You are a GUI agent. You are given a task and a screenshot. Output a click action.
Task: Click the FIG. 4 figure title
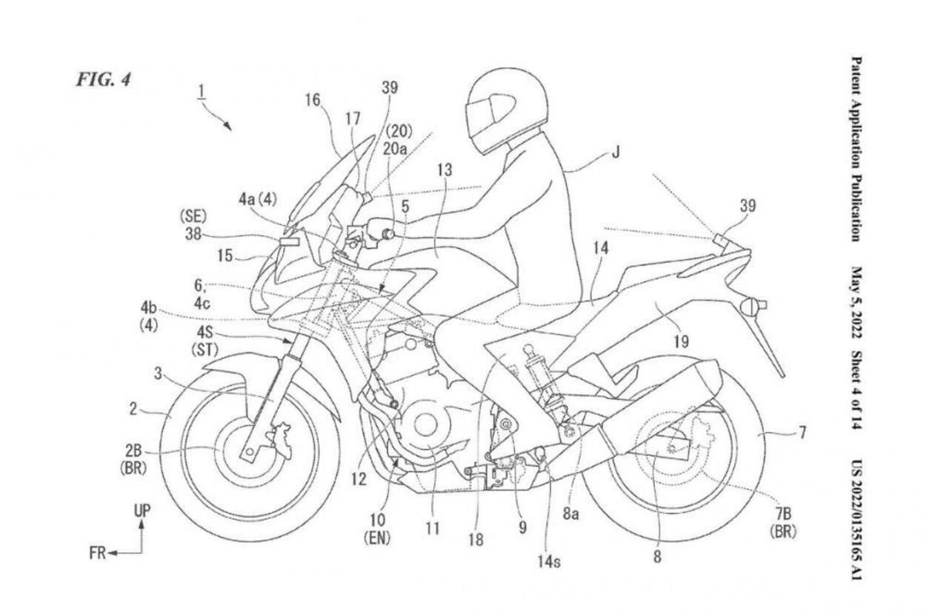103,79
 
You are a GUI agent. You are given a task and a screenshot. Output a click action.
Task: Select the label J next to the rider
616,153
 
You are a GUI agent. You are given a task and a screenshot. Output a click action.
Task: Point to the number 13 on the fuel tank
444,170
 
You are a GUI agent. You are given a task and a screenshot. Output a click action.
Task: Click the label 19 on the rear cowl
681,341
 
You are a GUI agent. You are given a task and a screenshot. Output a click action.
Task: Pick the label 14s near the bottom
548,561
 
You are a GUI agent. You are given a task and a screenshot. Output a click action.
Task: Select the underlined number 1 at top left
201,92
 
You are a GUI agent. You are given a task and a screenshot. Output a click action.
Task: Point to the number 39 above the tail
747,206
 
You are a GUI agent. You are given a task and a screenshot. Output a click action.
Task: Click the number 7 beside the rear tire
802,431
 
